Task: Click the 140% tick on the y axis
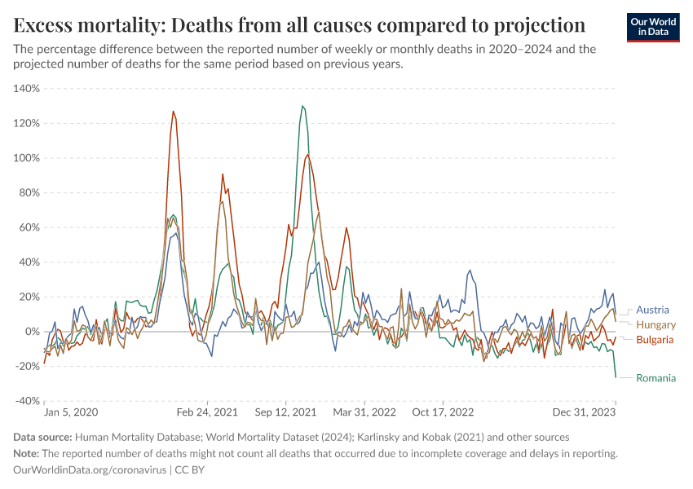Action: [x=27, y=89]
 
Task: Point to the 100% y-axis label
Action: [x=27, y=158]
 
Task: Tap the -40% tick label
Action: [x=27, y=401]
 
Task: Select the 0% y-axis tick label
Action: [x=32, y=332]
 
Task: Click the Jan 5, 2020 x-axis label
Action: [x=71, y=413]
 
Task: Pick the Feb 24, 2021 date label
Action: [x=207, y=413]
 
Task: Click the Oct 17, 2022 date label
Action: [x=444, y=413]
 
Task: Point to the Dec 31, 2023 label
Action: [x=589, y=413]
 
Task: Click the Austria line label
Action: [x=652, y=310]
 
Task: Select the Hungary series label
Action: [x=655, y=324]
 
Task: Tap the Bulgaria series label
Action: [x=655, y=339]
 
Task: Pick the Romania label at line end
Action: [x=656, y=377]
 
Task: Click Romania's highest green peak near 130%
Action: [x=302, y=106]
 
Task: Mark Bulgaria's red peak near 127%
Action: [x=173, y=112]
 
